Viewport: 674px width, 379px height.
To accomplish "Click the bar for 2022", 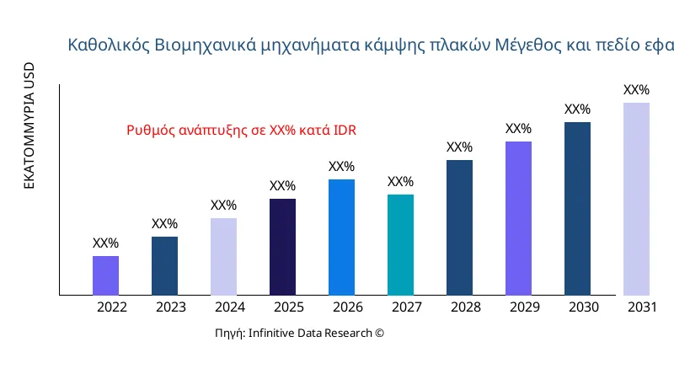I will click(x=105, y=275).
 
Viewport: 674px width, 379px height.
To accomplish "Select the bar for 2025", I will click(x=282, y=247).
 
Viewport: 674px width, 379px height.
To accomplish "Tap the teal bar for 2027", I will click(x=400, y=245).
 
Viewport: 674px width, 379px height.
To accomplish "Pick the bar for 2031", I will click(x=636, y=199).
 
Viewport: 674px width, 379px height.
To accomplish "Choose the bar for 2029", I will click(x=518, y=218).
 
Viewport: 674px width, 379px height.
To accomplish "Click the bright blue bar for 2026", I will click(x=341, y=237).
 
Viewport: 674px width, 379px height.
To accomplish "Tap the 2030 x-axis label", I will click(x=583, y=307).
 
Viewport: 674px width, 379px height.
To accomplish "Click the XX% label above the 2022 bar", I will click(x=105, y=243).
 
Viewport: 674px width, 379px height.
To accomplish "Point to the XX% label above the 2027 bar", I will click(x=400, y=182).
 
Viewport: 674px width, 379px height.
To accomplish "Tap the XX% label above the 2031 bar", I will click(x=636, y=90).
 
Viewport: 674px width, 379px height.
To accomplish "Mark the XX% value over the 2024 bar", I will click(x=223, y=206).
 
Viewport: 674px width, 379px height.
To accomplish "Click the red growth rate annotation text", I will click(x=241, y=131).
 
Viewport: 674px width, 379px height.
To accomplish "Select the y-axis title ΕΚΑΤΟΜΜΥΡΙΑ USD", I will click(x=29, y=125).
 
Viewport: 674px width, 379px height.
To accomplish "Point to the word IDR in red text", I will click(x=345, y=131).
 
